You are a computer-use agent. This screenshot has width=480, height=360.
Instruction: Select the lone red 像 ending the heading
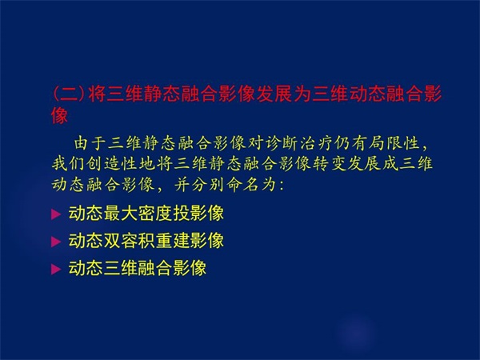60,116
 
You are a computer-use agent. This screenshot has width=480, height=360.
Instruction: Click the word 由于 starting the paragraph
90,143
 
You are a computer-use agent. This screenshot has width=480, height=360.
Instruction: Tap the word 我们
68,163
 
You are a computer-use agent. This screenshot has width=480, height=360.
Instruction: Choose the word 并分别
199,185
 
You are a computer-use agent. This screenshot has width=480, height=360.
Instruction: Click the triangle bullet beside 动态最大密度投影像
56,214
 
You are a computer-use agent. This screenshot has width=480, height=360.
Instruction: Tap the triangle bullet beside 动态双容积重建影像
56,242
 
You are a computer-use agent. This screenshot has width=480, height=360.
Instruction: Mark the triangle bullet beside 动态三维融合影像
56,270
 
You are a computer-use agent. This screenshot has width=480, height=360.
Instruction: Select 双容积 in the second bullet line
129,241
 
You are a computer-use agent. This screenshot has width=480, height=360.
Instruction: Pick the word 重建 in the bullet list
172,241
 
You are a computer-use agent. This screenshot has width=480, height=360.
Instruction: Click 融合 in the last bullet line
154,268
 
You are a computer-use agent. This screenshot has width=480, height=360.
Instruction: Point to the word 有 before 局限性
359,143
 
